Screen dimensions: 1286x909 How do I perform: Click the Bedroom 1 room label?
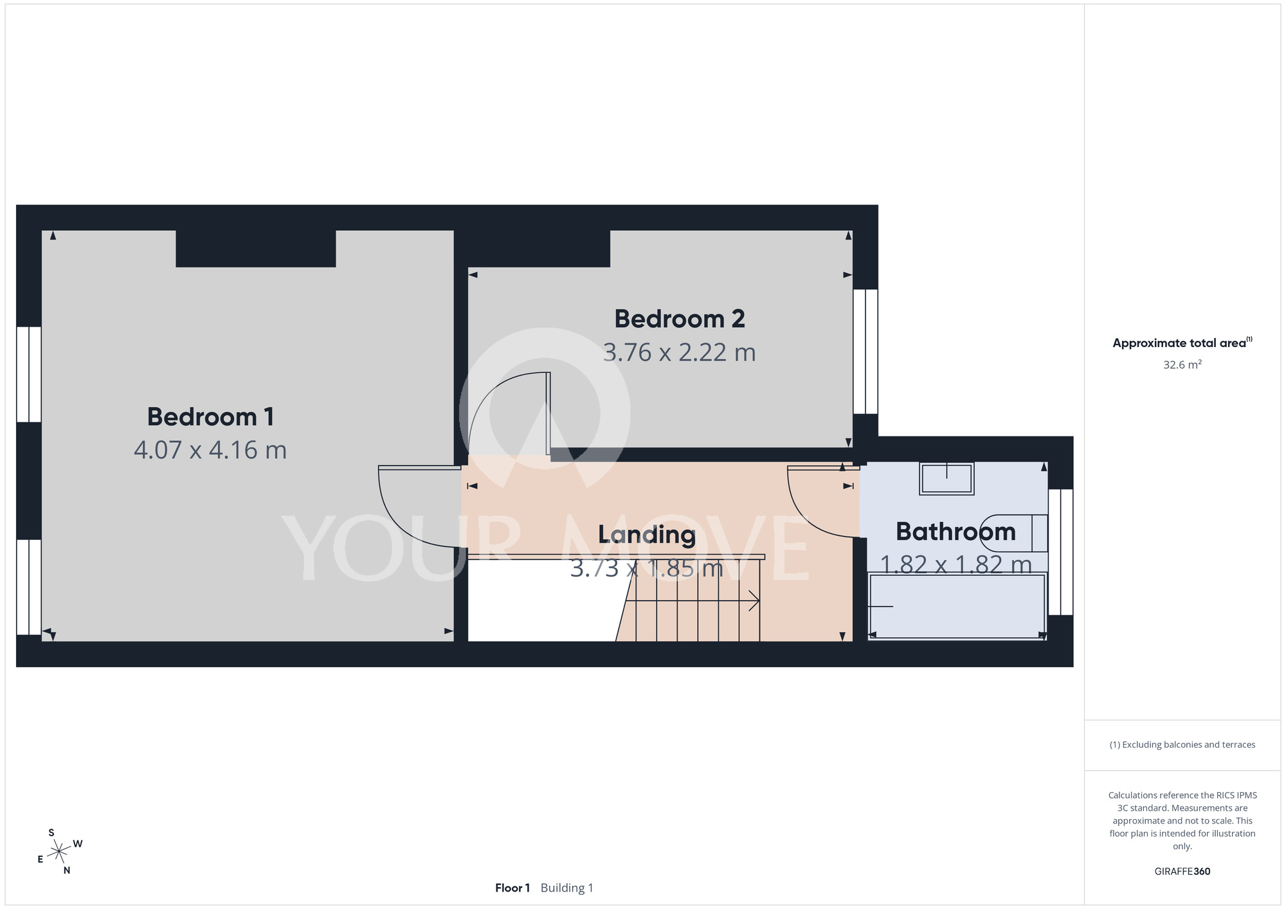tap(211, 417)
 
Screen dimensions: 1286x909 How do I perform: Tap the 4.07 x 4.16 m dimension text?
tap(210, 450)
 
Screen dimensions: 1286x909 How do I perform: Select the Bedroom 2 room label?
tap(680, 319)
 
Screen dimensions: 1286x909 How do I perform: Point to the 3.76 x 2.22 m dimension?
tap(680, 352)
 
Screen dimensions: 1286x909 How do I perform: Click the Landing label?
tap(647, 535)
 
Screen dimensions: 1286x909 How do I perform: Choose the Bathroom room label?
tap(955, 532)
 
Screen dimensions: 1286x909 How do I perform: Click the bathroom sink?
tap(946, 479)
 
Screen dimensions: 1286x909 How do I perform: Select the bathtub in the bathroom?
tap(957, 606)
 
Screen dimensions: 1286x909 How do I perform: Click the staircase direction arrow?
tap(693, 601)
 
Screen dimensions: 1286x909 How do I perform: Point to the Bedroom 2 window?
tap(865, 351)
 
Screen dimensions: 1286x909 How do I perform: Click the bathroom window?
tap(1061, 552)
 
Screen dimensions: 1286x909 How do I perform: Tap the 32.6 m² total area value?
tap(1182, 364)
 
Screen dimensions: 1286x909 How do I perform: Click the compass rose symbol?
tap(59, 852)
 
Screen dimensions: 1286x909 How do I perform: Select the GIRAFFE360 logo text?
tap(1182, 872)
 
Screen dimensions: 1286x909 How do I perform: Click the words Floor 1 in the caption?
tap(512, 888)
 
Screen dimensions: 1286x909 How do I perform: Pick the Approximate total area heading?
tap(1182, 343)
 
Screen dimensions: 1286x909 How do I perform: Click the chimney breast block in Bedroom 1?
tap(256, 249)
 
